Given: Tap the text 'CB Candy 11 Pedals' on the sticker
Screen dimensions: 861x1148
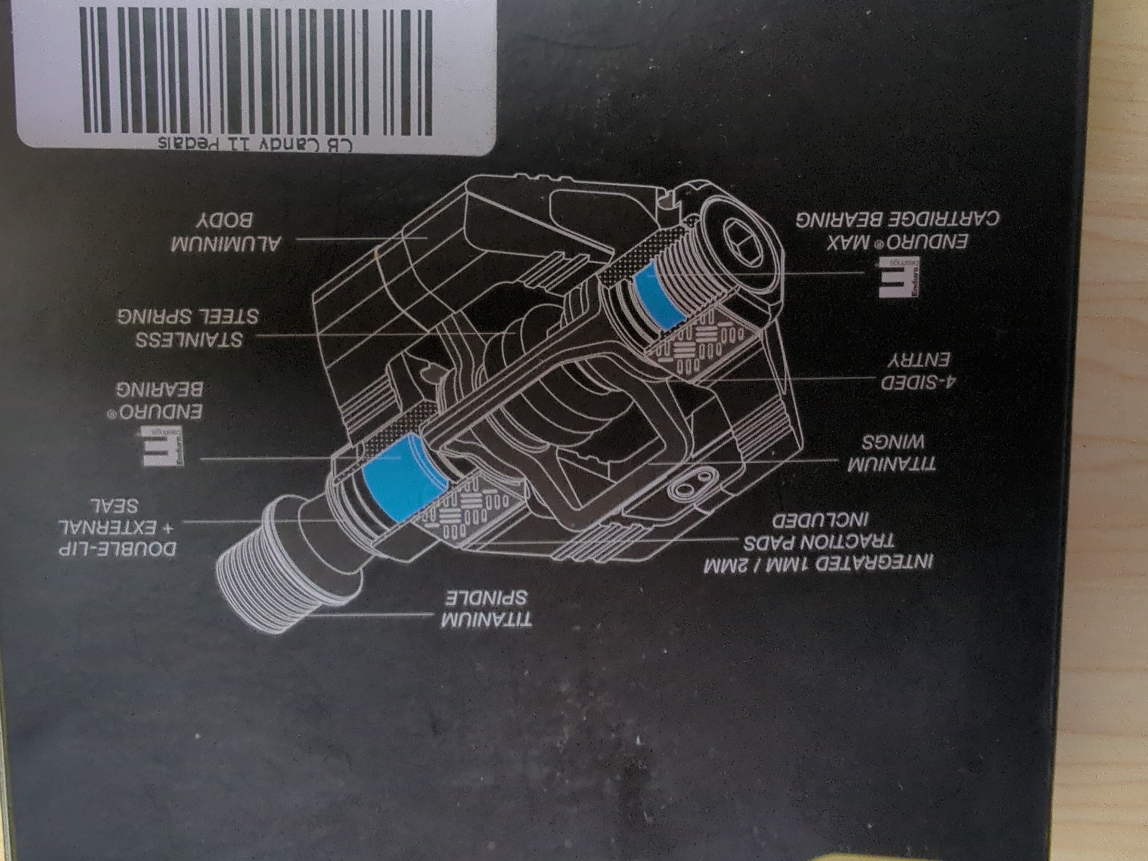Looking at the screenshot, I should tap(255, 144).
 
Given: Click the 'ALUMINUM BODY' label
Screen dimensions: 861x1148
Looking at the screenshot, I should tap(226, 232).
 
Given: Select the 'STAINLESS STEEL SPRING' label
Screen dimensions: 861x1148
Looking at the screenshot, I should tap(188, 328).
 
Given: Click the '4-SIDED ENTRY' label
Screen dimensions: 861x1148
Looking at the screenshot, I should tap(918, 372).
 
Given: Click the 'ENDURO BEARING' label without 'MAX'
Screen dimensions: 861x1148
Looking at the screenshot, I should tap(159, 401).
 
